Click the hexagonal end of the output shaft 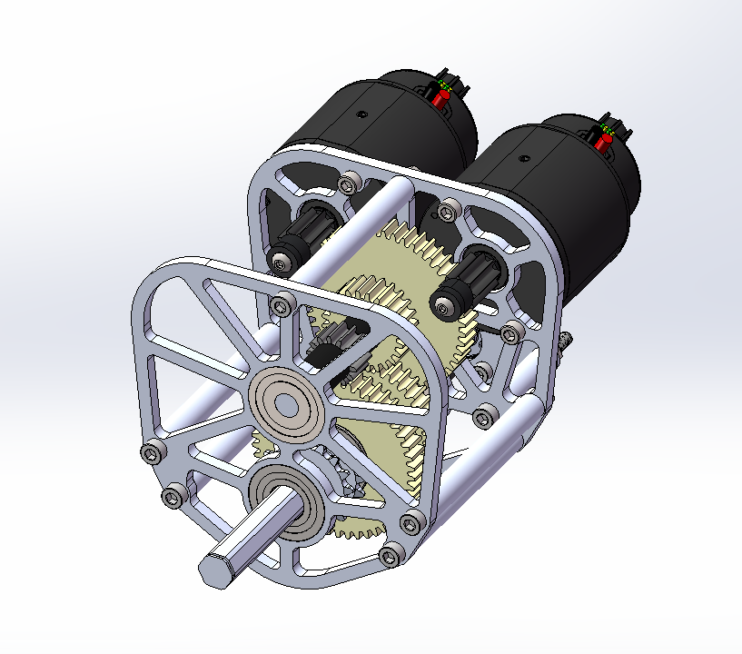pos(214,569)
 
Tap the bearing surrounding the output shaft pos(289,504)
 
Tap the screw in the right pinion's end pos(442,310)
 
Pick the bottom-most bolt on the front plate pos(391,556)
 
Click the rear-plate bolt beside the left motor pos(345,184)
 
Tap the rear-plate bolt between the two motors pos(445,212)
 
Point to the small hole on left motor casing pos(361,115)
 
